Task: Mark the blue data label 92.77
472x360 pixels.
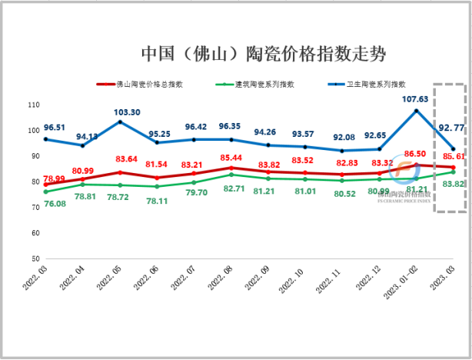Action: [x=450, y=127]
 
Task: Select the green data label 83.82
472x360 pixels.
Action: [x=453, y=183]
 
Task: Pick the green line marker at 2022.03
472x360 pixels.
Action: [x=45, y=192]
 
